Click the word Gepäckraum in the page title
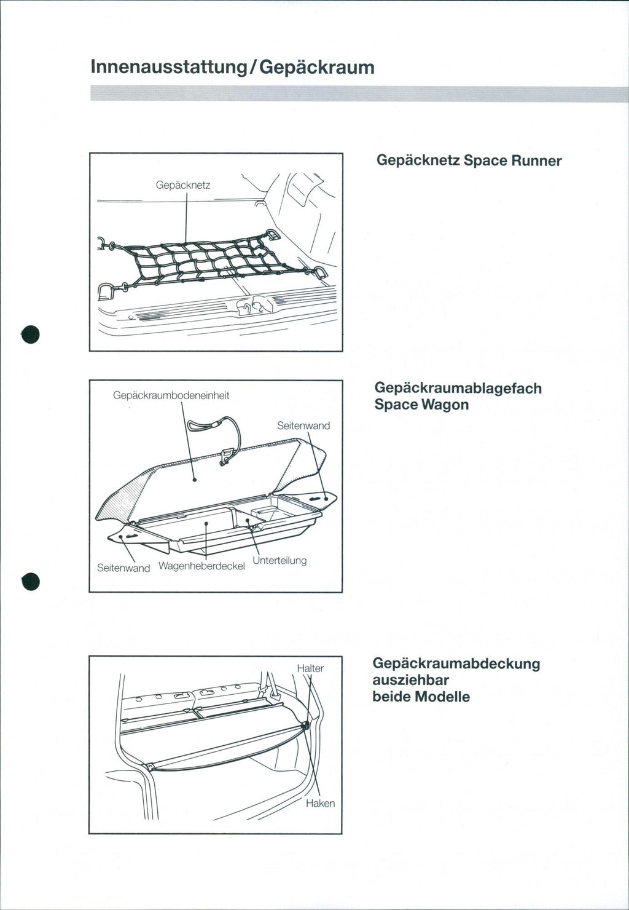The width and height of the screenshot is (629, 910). (317, 66)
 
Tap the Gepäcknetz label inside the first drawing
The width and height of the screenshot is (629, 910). (183, 185)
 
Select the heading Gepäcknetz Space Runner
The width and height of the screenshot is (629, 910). (469, 160)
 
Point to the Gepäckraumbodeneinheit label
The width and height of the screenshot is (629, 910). (171, 395)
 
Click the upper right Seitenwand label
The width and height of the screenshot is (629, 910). (303, 425)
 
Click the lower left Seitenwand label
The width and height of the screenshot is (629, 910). (123, 568)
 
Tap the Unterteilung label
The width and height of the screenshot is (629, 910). (279, 560)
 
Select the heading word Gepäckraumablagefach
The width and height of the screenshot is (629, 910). (458, 388)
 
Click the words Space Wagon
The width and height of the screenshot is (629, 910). (421, 405)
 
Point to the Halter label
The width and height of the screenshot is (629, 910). (310, 668)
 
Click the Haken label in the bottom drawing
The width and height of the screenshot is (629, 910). (320, 803)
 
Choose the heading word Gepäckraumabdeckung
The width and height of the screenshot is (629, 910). (456, 663)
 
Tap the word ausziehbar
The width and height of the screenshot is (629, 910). (411, 680)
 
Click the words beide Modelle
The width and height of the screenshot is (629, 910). (421, 697)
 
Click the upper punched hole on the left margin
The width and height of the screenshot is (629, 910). (31, 334)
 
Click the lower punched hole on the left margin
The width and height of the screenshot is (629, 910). (31, 580)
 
